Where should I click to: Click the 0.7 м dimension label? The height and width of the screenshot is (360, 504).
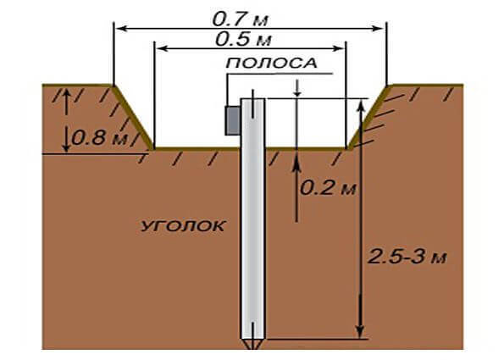240,20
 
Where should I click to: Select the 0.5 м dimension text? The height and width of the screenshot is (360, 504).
243,40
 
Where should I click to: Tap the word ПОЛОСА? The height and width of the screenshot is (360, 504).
272,64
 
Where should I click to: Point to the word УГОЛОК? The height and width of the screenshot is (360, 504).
183,226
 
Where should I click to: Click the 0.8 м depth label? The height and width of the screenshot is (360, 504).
99,138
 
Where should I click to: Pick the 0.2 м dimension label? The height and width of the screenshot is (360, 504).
328,188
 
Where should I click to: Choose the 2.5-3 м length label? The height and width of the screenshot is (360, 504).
407,257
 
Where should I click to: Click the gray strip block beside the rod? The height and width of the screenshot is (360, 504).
233,120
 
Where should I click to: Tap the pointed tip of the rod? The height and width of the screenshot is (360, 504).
253,349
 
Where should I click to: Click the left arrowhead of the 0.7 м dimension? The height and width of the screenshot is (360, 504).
121,29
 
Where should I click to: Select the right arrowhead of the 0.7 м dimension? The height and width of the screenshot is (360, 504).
378,29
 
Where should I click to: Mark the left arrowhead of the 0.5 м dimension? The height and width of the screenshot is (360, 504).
163,48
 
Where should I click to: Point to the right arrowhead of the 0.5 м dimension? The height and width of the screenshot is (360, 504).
339,48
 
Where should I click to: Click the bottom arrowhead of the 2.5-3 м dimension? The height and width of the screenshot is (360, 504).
361,331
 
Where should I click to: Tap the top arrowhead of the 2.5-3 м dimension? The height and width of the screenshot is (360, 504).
361,106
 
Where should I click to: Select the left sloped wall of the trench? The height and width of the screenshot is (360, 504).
133,118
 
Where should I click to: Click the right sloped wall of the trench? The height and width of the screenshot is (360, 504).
369,118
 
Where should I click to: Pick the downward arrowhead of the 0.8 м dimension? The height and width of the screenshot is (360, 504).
66,147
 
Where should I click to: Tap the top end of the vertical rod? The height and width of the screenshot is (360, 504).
253,99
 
